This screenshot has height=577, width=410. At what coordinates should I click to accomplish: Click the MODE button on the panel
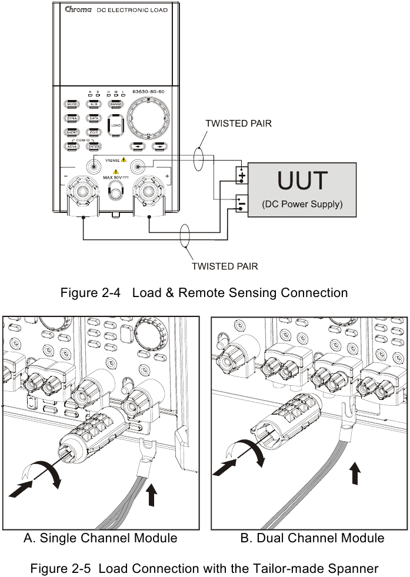[x=73, y=104]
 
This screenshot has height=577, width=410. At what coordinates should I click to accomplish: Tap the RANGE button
[x=115, y=104]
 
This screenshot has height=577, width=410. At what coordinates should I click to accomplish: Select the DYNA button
[x=73, y=118]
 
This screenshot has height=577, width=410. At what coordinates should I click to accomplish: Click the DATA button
[x=94, y=118]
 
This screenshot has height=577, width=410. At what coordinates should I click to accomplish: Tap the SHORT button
[x=73, y=133]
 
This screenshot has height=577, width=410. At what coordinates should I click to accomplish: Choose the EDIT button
[x=94, y=133]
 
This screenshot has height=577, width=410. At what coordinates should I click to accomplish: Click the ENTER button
[x=94, y=147]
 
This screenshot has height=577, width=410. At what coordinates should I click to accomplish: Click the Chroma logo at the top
[x=76, y=10]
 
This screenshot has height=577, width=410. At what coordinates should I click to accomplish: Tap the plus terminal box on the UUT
[x=242, y=175]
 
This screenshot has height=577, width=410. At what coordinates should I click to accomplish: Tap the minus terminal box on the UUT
[x=242, y=204]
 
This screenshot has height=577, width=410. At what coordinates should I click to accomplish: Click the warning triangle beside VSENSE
[x=124, y=159]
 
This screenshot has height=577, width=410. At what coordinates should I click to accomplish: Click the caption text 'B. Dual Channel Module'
[x=312, y=538]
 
